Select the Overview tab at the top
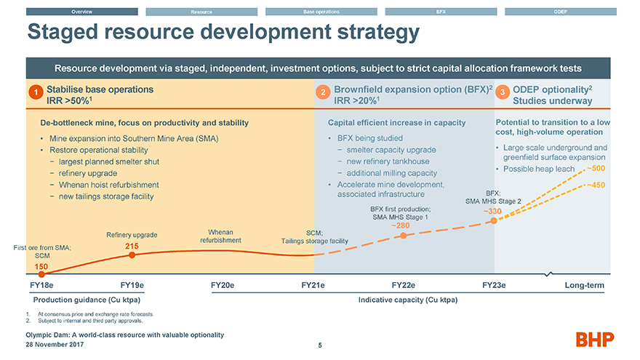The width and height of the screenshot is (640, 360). pos(81,12)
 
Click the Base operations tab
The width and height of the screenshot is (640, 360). pos(320,12)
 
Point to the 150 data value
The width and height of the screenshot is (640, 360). pos(41,268)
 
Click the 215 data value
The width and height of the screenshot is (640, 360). pos(131,247)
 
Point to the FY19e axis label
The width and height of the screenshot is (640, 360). pos(132,285)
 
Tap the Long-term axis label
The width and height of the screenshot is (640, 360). pos(584,285)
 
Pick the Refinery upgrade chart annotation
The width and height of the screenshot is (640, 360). pos(132,235)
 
